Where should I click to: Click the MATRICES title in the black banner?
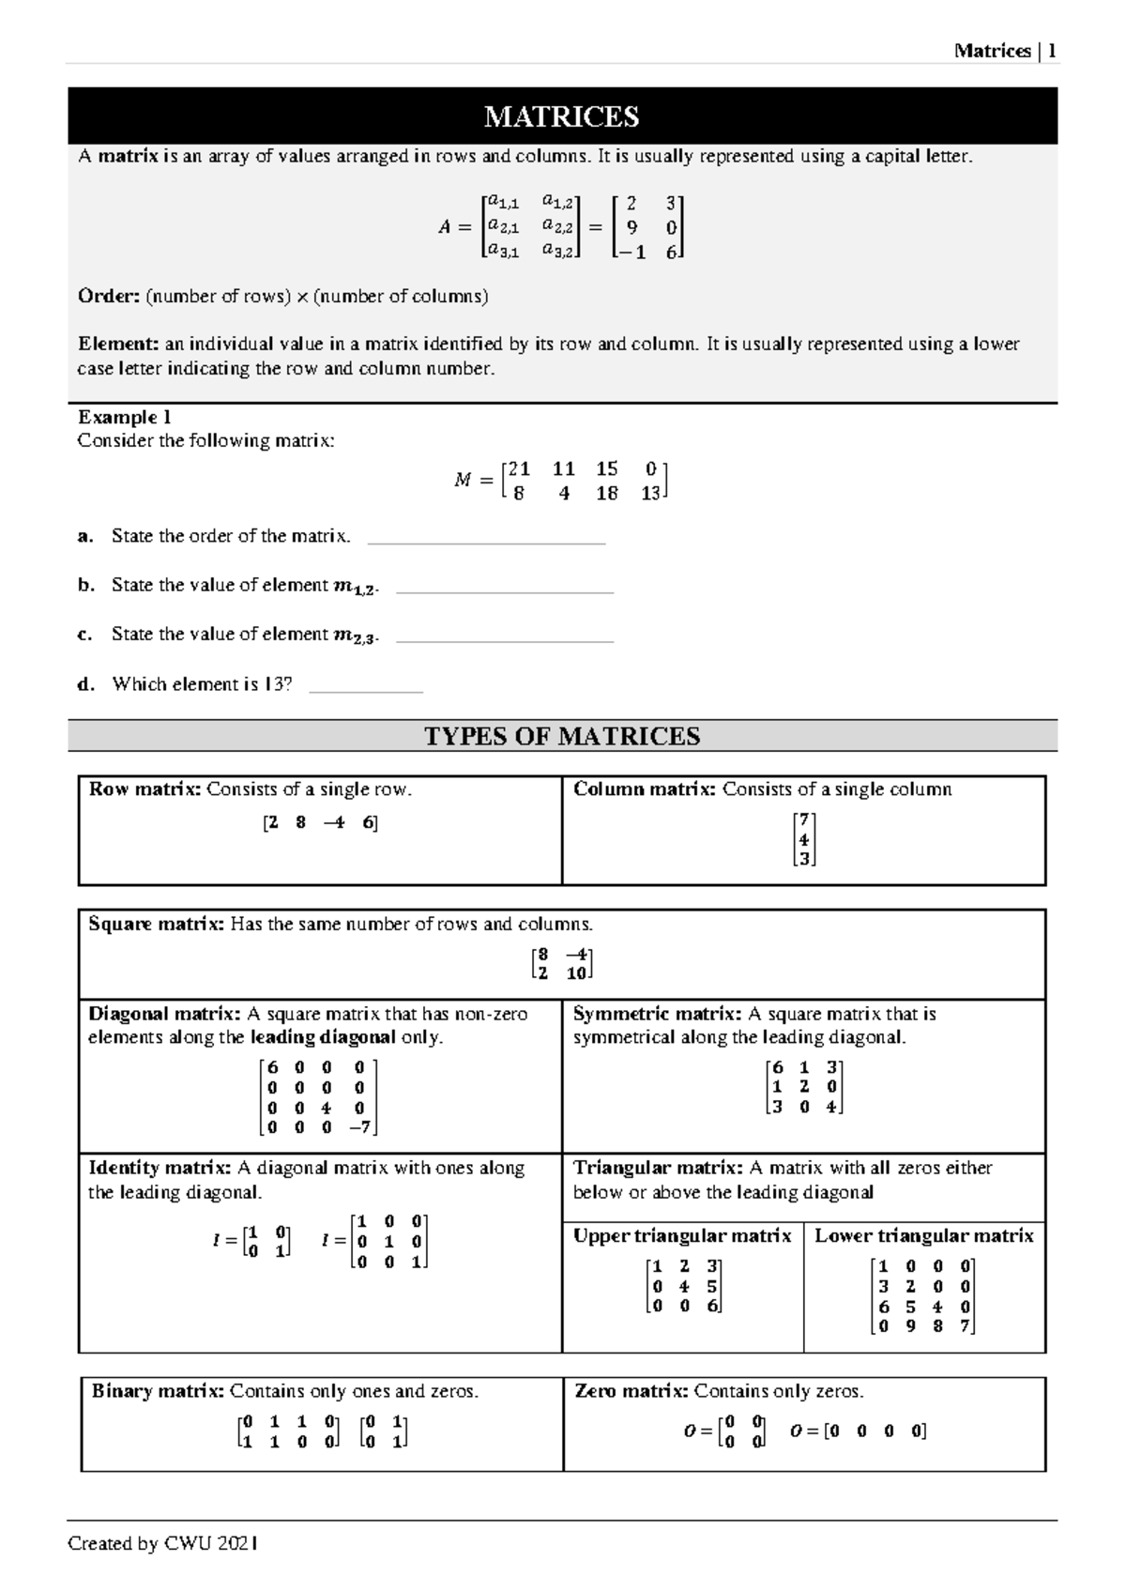pos(561,116)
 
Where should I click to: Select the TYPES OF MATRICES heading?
pos(562,736)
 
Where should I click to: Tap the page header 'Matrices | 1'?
pos(1005,51)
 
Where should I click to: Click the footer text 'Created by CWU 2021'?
pos(163,1543)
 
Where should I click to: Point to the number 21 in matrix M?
pos(519,468)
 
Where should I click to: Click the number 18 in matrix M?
pos(606,493)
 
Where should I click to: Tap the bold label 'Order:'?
pos(108,297)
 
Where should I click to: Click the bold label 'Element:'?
pos(117,344)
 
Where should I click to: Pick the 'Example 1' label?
pos(124,417)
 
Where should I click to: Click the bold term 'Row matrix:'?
pos(145,789)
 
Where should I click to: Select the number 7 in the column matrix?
pos(803,819)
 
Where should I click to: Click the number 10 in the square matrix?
pos(576,973)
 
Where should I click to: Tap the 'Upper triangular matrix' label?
pos(682,1235)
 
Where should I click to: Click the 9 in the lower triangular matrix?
pos(910,1325)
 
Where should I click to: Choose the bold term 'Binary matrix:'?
pos(158,1390)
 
